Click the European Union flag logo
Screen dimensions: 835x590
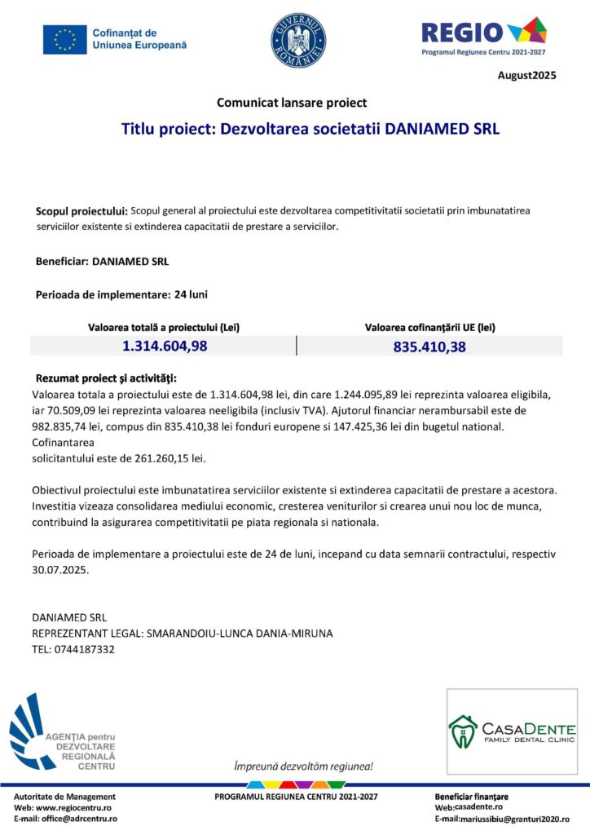[64, 39]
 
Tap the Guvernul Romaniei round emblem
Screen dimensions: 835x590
[298, 40]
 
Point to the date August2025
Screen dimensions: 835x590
[526, 76]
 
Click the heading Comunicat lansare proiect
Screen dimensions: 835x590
[292, 103]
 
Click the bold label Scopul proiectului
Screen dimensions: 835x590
[81, 211]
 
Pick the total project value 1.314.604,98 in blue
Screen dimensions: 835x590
[165, 346]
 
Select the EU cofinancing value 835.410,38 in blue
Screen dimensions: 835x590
[429, 347]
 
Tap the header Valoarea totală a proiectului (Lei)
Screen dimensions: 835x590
[164, 327]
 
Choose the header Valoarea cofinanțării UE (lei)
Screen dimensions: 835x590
[429, 327]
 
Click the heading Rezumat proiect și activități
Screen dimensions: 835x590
[106, 378]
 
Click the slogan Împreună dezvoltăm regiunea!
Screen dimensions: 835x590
[303, 767]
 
